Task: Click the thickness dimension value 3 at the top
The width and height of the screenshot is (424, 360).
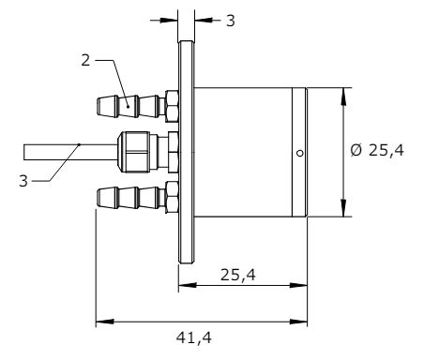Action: coord(230,19)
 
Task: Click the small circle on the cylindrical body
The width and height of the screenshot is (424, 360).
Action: coord(298,153)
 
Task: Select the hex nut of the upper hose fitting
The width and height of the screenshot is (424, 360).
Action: coord(172,105)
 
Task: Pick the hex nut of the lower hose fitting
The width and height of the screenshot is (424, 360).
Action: coord(172,198)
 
